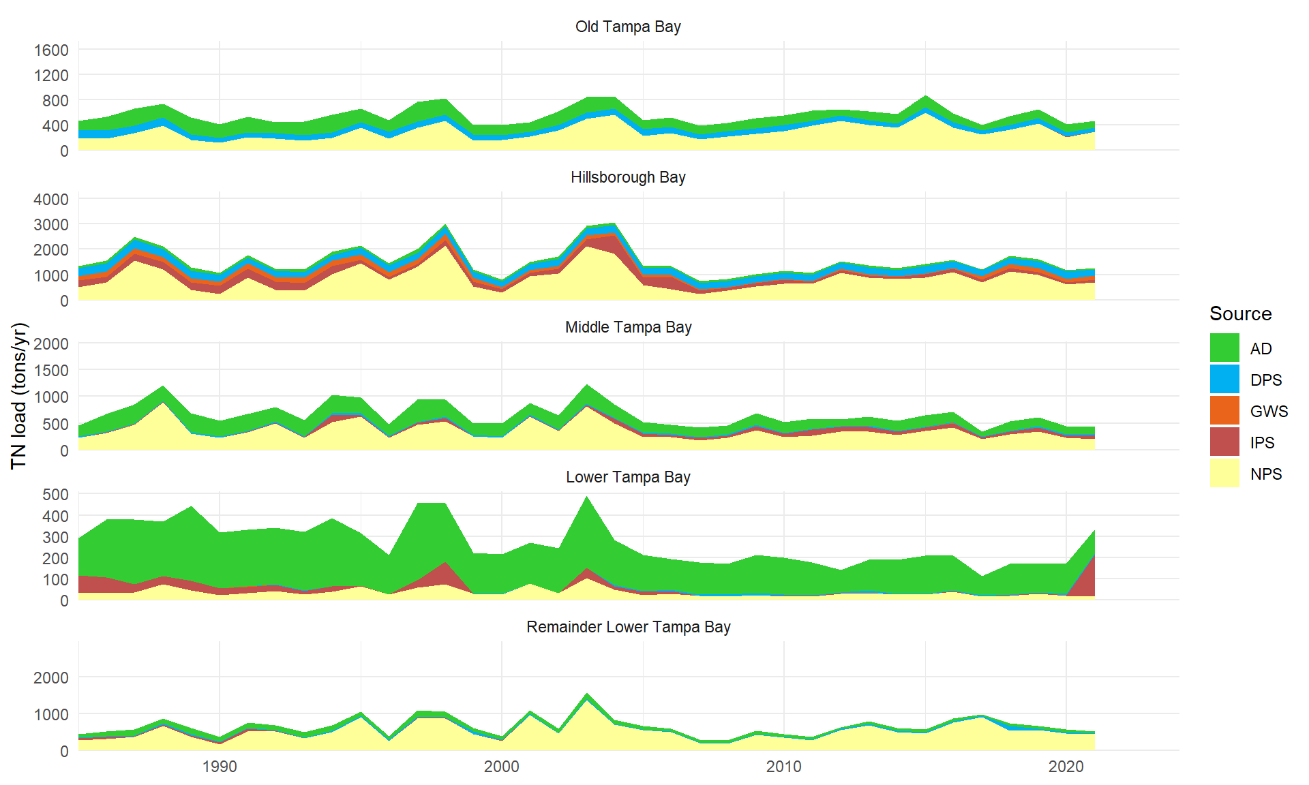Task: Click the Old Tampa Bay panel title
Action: (x=628, y=27)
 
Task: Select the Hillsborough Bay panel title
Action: (x=628, y=177)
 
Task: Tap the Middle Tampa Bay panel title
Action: (x=628, y=327)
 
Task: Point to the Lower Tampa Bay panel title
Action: (x=628, y=477)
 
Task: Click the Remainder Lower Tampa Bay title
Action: (x=628, y=627)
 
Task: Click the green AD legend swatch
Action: (x=1224, y=348)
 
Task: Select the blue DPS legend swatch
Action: (x=1224, y=379)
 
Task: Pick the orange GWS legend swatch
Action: (x=1224, y=410)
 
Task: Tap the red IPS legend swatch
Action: (x=1224, y=442)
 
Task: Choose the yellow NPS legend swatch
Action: (x=1224, y=473)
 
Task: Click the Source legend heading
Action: (x=1240, y=313)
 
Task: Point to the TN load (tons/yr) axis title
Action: (x=19, y=396)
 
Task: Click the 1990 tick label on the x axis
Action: (x=220, y=767)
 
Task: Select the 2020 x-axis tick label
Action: (x=1066, y=767)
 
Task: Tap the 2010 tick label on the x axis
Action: (x=783, y=767)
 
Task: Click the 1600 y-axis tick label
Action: (x=51, y=50)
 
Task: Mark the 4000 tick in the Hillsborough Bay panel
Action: (x=51, y=199)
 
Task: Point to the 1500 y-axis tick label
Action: (x=51, y=370)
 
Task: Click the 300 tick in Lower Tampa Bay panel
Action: (x=55, y=537)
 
